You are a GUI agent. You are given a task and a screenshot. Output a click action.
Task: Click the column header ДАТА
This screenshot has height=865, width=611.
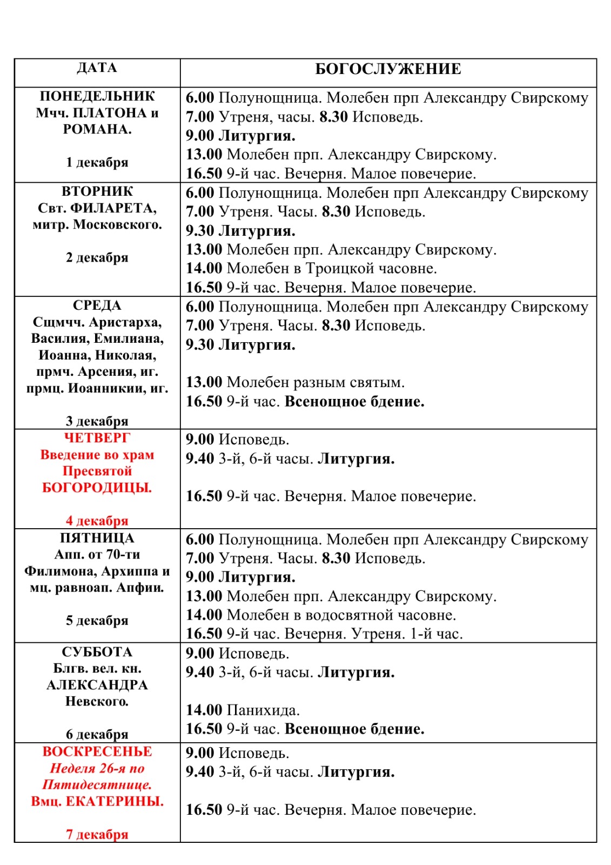pos(97,68)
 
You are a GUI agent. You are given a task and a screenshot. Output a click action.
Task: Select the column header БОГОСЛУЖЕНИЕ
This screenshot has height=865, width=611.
pos(388,69)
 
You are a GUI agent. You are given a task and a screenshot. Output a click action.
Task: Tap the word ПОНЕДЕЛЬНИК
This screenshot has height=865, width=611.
pos(97,96)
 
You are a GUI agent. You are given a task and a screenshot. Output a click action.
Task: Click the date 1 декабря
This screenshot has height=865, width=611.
pos(97,162)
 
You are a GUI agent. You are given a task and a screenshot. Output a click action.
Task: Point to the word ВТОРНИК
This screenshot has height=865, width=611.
pos(97,191)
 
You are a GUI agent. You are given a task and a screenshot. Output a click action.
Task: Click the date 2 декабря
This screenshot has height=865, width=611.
pos(97,257)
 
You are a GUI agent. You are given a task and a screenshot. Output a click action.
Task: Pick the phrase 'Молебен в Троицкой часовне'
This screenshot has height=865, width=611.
pos(332,268)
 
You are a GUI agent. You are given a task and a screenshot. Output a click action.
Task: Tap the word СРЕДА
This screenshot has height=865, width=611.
pos(97,305)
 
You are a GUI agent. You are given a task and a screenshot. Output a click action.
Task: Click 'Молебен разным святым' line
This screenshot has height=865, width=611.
pos(315,382)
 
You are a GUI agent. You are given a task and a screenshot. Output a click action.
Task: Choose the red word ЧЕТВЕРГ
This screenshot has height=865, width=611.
pos(97,438)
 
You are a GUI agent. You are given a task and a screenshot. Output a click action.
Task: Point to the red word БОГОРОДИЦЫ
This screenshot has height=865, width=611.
pos(97,488)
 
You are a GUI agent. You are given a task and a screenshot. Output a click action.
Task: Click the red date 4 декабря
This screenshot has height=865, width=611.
pos(97,521)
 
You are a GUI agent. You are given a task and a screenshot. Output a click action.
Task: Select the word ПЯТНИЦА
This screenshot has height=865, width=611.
pos(97,538)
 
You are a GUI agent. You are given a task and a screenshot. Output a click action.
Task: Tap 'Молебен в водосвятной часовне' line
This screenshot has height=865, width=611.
pos(341,615)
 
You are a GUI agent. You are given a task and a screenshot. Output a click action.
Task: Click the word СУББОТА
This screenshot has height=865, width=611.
pos(97,652)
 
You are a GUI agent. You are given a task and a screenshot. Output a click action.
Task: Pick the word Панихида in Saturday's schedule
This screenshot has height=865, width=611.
pos(263,710)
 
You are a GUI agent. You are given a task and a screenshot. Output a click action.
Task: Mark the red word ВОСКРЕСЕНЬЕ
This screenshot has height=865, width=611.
pos(97,751)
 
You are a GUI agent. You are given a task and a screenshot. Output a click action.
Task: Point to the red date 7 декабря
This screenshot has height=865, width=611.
pos(97,834)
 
